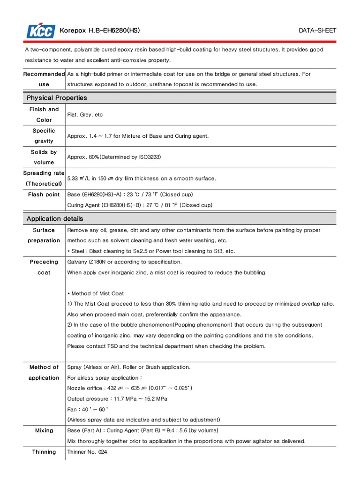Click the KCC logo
[x=41, y=31]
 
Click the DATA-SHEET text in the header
[x=317, y=31]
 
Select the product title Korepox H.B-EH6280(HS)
[x=99, y=31]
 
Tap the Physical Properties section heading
[x=57, y=98]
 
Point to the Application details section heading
[x=55, y=218]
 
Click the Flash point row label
[x=44, y=195]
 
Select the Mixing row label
[x=44, y=430]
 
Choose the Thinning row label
[x=44, y=452]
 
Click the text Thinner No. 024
[x=88, y=452]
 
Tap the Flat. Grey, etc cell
[x=85, y=114]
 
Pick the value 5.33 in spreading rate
[x=73, y=179]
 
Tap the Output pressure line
[x=117, y=399]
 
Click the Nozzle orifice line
[x=130, y=388]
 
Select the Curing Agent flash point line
[x=140, y=205]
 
